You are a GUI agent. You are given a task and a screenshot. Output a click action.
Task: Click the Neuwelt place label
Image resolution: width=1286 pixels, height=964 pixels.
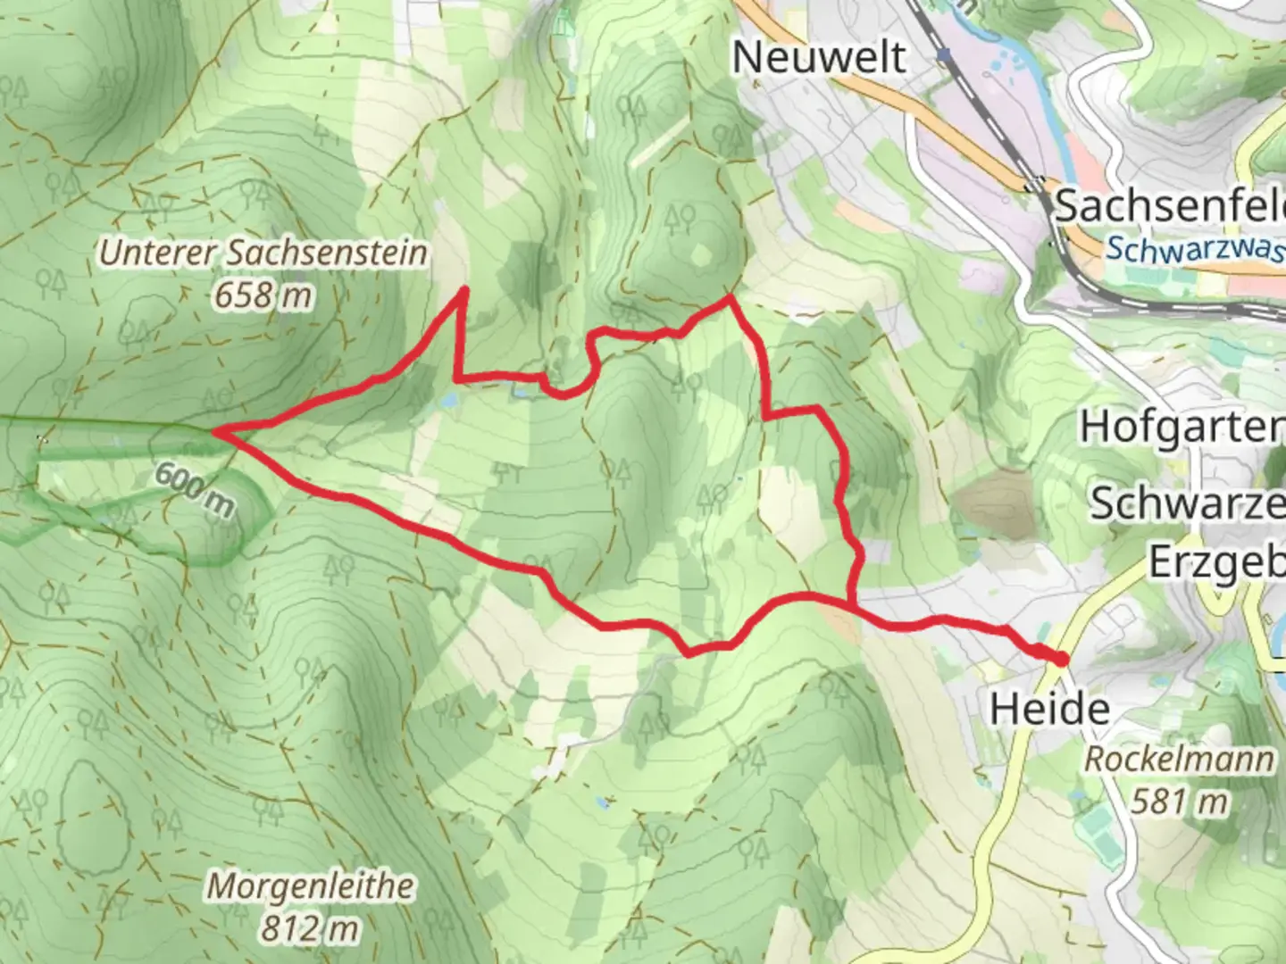click(819, 57)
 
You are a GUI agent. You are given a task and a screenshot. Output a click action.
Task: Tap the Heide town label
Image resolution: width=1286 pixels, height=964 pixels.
click(1049, 709)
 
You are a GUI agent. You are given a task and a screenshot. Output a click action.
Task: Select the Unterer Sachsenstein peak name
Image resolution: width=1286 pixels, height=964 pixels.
click(263, 253)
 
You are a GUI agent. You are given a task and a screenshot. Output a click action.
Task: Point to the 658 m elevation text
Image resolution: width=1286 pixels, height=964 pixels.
click(263, 295)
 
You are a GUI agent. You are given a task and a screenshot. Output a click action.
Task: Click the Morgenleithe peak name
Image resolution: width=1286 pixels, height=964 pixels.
click(311, 886)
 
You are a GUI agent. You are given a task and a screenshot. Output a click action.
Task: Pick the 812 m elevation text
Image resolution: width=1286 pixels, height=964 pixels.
click(309, 929)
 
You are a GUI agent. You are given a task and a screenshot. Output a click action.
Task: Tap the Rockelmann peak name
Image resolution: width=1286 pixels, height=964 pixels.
click(1179, 760)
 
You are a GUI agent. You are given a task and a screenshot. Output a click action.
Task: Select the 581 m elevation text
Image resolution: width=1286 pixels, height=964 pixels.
click(1179, 802)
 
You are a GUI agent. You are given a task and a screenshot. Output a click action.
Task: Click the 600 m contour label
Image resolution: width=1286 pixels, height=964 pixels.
click(194, 489)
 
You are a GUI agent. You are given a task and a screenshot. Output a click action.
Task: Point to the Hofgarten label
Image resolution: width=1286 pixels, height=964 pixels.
click(1182, 427)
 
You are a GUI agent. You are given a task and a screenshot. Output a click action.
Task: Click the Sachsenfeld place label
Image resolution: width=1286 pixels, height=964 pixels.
click(1170, 206)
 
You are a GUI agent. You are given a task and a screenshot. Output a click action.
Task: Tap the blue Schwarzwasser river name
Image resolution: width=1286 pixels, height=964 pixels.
click(1195, 249)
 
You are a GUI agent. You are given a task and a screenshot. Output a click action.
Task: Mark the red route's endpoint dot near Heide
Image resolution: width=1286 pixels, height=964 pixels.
click(1060, 660)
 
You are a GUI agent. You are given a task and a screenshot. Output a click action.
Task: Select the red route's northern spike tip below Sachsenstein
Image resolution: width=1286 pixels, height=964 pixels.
click(464, 289)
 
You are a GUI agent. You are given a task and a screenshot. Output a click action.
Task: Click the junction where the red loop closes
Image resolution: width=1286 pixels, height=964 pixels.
click(849, 604)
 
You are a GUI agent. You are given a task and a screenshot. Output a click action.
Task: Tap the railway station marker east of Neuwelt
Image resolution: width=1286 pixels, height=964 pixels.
click(944, 55)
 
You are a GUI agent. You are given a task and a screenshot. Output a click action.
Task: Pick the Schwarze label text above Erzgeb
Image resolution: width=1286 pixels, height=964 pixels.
click(1187, 503)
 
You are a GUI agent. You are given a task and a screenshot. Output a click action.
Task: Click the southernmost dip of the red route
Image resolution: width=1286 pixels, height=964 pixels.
click(689, 653)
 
